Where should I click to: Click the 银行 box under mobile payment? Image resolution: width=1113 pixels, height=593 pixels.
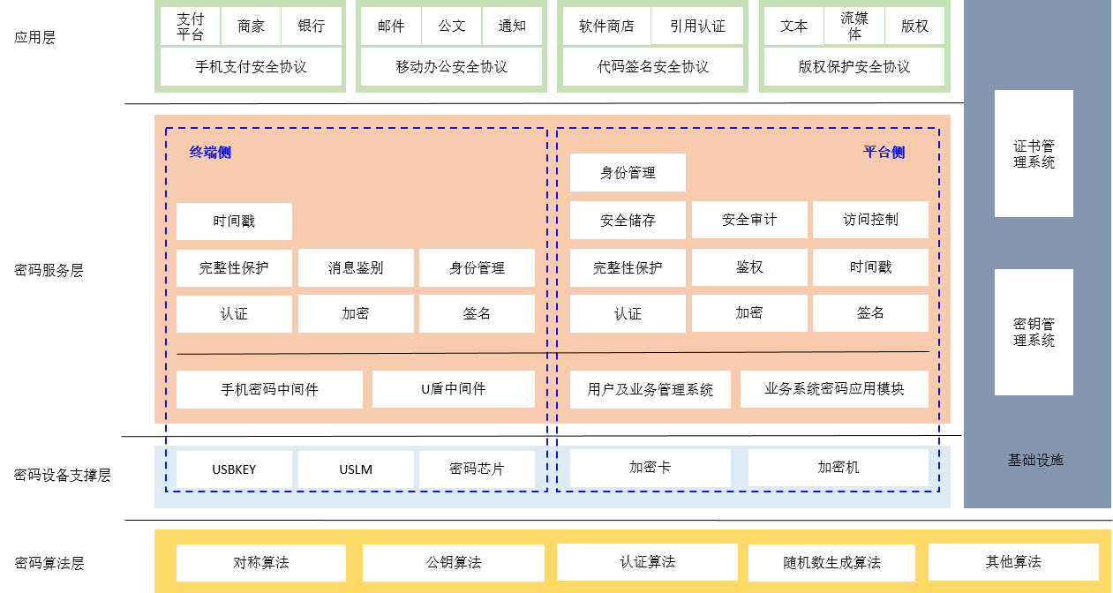click(x=312, y=26)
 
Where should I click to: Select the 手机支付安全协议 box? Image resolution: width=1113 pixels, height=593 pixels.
click(x=251, y=67)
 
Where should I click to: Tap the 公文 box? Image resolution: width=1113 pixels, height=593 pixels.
click(x=452, y=26)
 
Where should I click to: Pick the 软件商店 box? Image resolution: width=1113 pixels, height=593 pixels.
click(x=606, y=26)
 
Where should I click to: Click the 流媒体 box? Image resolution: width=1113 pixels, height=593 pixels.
click(x=854, y=26)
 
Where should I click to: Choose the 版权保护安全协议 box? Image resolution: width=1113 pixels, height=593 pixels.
click(x=854, y=67)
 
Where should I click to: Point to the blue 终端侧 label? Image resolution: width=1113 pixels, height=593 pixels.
click(x=210, y=153)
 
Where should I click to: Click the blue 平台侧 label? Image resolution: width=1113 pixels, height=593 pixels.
click(x=884, y=153)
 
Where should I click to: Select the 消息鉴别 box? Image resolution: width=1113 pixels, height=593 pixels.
click(x=356, y=268)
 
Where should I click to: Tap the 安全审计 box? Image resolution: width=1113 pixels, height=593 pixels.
click(x=749, y=220)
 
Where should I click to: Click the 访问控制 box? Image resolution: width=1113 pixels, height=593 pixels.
click(x=870, y=220)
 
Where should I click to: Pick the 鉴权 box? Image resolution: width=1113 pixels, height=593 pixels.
click(x=749, y=267)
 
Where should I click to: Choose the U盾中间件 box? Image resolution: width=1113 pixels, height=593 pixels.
click(x=454, y=389)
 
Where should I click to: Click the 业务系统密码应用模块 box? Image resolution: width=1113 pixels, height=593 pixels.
click(x=834, y=389)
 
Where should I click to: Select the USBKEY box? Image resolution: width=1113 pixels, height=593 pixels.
click(x=234, y=469)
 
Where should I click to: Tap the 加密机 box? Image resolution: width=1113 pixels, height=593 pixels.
click(x=839, y=468)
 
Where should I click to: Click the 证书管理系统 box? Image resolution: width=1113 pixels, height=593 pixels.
click(x=1034, y=154)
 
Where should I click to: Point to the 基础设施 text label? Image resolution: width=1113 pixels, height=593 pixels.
click(x=1036, y=460)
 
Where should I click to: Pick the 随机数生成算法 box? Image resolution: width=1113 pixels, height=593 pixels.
click(x=831, y=563)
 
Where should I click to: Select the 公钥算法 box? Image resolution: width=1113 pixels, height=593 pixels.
click(x=454, y=563)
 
